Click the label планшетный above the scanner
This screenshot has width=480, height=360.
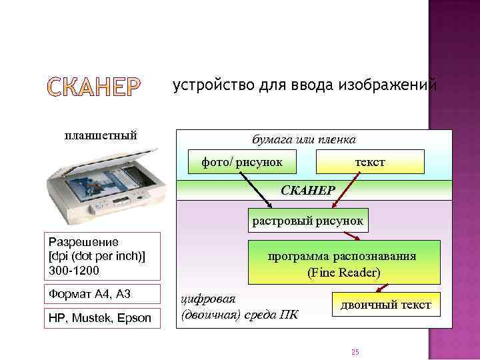[x=101, y=135]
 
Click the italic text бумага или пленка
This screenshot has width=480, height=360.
[x=303, y=140]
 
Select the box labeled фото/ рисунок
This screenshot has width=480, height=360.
[x=243, y=162]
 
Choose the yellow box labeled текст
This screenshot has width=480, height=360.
[x=369, y=162]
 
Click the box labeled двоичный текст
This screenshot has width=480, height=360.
[x=386, y=305]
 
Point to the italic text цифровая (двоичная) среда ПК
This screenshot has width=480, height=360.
[x=237, y=305]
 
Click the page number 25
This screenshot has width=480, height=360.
[x=355, y=351]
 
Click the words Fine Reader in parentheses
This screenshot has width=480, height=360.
[x=343, y=273]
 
